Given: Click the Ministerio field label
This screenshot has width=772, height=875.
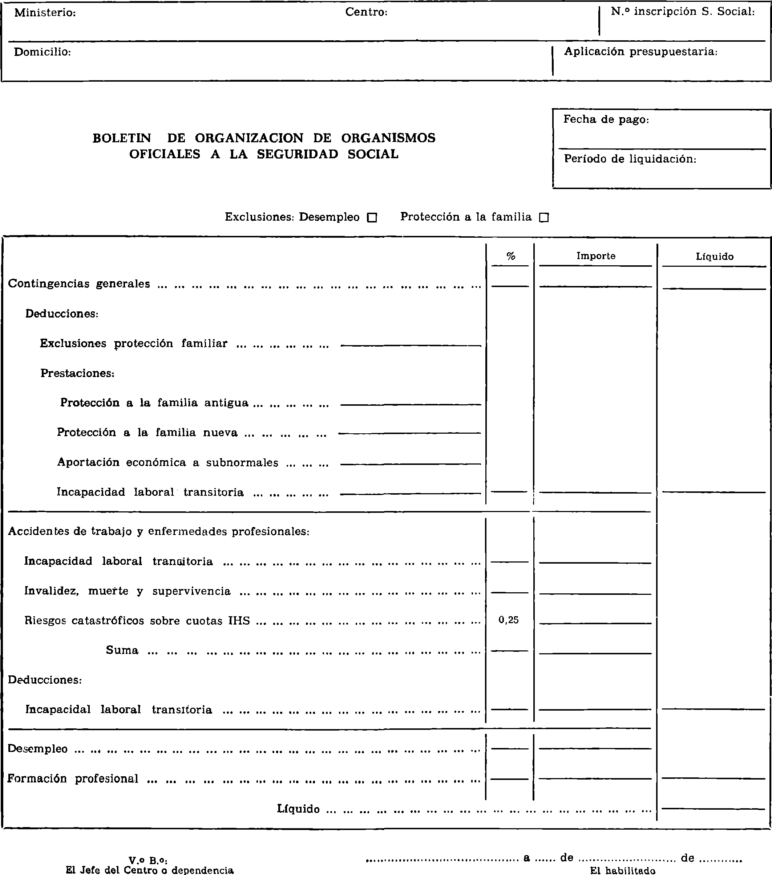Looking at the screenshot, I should pyautogui.click(x=45, y=13).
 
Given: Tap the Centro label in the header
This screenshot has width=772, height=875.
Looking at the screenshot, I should pyautogui.click(x=366, y=12).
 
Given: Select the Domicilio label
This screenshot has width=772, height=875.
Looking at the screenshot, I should pyautogui.click(x=43, y=52).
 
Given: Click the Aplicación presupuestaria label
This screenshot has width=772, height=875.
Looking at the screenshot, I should pyautogui.click(x=640, y=52).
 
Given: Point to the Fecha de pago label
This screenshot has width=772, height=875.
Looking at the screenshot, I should pyautogui.click(x=606, y=119).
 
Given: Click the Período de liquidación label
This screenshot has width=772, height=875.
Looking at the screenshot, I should pyautogui.click(x=630, y=159).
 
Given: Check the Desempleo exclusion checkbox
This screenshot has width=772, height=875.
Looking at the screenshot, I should pyautogui.click(x=372, y=217).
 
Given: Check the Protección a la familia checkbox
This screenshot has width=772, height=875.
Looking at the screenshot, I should pyautogui.click(x=543, y=217).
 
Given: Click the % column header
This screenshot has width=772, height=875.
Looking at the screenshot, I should pyautogui.click(x=510, y=257).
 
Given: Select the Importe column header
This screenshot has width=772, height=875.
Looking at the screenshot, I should pyautogui.click(x=595, y=256).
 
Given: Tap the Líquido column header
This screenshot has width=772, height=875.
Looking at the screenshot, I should pyautogui.click(x=714, y=257).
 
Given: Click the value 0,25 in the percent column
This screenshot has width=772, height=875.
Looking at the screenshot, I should pyautogui.click(x=509, y=620).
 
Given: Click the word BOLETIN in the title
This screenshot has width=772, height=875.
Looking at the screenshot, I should pyautogui.click(x=122, y=138).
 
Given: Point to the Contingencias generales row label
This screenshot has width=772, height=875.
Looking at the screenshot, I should pyautogui.click(x=79, y=284).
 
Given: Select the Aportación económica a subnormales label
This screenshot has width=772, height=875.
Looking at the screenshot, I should pyautogui.click(x=167, y=463).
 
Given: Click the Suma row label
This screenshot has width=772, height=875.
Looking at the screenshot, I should pyautogui.click(x=122, y=650).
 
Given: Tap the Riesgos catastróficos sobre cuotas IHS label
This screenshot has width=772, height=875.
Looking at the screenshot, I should pyautogui.click(x=137, y=621).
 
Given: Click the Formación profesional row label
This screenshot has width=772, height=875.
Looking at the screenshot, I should pyautogui.click(x=73, y=779).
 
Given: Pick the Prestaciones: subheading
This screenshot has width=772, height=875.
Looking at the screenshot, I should pyautogui.click(x=77, y=373).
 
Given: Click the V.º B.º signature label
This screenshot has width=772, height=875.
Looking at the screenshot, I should pyautogui.click(x=148, y=860).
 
